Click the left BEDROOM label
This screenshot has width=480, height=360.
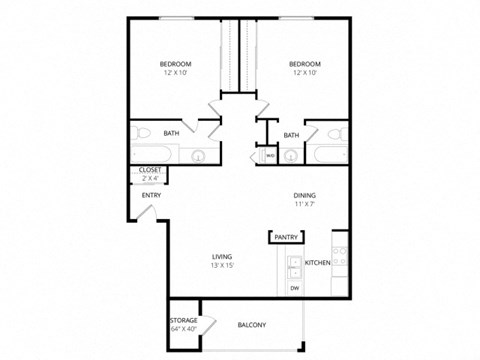tap(175, 64)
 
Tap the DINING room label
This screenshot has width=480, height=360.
tap(305, 195)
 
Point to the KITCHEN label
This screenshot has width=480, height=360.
tap(317, 262)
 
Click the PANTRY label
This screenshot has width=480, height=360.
tap(287, 238)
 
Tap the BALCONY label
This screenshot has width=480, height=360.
tap(251, 325)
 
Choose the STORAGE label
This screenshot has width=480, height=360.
tap(183, 321)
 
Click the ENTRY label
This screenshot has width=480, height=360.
tap(151, 195)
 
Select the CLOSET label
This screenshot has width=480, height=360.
tap(150, 171)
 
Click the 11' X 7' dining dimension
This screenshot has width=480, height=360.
tap(305, 205)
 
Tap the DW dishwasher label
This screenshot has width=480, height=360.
tap(295, 289)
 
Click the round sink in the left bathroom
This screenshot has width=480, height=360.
tap(197, 155)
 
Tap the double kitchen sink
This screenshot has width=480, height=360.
tap(294, 267)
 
